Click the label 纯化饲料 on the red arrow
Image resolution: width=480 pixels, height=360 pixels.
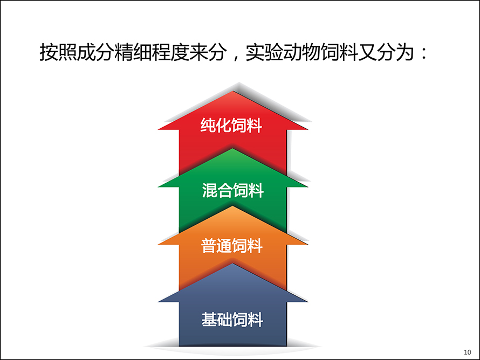click(231, 125)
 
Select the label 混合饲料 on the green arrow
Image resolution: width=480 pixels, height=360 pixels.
click(232, 190)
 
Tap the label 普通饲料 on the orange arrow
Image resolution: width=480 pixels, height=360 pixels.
click(232, 246)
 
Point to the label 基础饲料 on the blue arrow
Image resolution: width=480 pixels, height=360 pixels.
click(232, 320)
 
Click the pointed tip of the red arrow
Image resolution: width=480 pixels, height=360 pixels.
click(234, 91)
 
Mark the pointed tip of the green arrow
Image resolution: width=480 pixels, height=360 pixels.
click(232, 149)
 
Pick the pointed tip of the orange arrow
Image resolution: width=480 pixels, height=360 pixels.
click(232, 206)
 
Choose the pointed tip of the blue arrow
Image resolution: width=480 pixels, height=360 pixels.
click(232, 264)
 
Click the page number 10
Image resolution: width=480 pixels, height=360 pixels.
click(468, 352)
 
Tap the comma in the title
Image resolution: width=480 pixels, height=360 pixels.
click(236, 57)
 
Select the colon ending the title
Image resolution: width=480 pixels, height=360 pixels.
click(424, 53)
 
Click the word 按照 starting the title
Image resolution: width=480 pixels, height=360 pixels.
click(58, 52)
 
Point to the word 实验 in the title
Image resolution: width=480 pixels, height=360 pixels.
click(264, 52)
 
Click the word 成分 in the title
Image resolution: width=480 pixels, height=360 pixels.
click(95, 52)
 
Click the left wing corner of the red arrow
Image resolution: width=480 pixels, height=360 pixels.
click(158, 130)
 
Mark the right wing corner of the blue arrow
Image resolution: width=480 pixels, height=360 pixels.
click(307, 302)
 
